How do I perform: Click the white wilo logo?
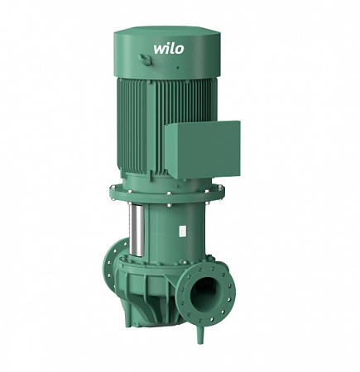click(x=169, y=49)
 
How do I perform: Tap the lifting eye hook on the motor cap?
click(x=145, y=60)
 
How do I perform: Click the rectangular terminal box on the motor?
click(x=202, y=150)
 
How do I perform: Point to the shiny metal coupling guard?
click(x=137, y=231)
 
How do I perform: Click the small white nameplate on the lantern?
click(x=182, y=231)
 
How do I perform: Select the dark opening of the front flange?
click(x=204, y=294)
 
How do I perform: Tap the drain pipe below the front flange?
click(x=200, y=334)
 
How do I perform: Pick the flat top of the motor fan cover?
click(x=167, y=31)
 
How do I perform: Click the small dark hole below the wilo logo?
click(x=178, y=68)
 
